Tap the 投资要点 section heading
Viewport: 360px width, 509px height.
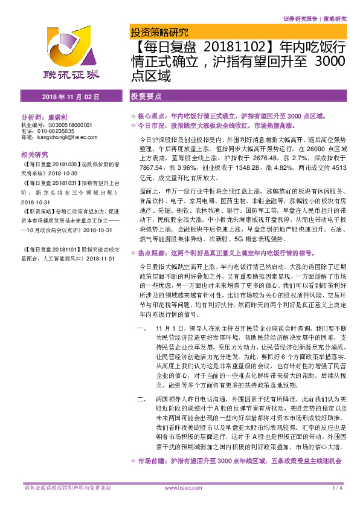click(x=146, y=97)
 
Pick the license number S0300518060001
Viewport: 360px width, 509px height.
click(x=68, y=125)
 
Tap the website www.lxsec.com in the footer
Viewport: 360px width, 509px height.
click(x=179, y=487)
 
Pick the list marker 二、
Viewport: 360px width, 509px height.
click(x=143, y=400)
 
